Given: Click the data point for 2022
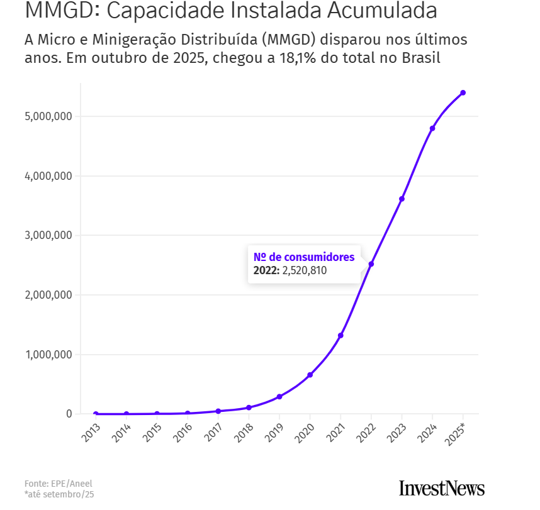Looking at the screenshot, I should [x=371, y=264].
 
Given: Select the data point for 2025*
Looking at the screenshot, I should [x=463, y=92].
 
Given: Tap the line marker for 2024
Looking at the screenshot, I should [x=432, y=128].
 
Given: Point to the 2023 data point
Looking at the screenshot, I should [x=402, y=199].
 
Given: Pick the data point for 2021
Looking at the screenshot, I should [x=340, y=335].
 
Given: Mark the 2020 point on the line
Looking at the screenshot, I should [x=310, y=375].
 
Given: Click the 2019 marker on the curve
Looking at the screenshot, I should [x=279, y=397].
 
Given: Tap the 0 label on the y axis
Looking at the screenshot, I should [x=69, y=414].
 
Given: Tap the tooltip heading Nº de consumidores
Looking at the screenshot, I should [x=304, y=257].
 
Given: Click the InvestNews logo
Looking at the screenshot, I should [x=442, y=488].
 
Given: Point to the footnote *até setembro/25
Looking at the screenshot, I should [x=60, y=495].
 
